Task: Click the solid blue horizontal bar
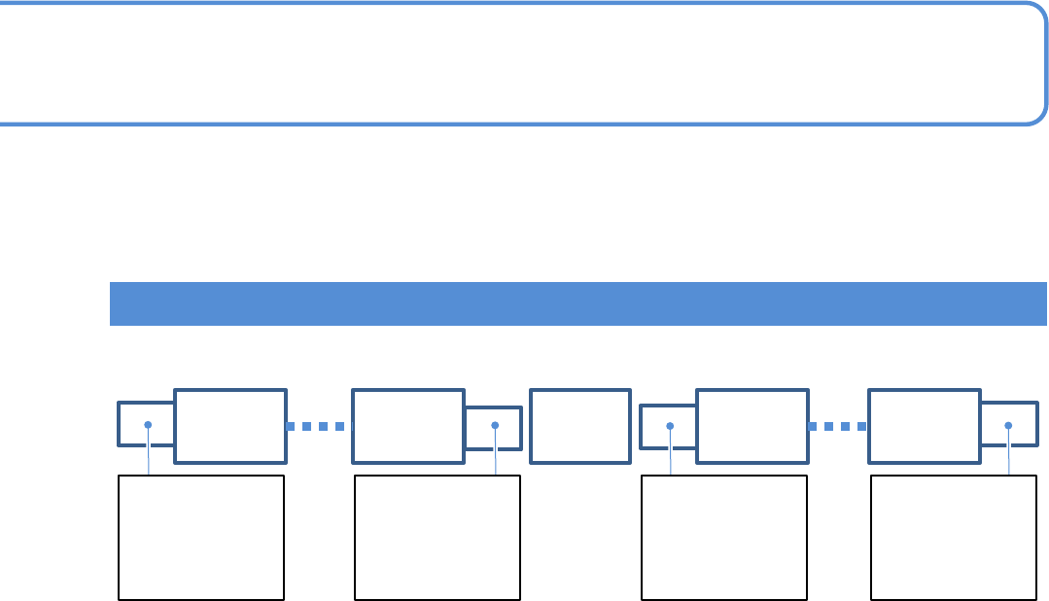coord(577,303)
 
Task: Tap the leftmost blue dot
coord(148,425)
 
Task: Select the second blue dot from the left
coord(495,425)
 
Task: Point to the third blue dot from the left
coord(670,425)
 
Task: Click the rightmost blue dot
coord(1008,425)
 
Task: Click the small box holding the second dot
coord(493,428)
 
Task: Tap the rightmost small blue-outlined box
coord(1008,425)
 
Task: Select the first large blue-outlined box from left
coord(230,426)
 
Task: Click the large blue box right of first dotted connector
coord(408,426)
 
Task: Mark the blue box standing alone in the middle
coord(580,426)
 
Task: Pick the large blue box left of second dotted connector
coord(752,426)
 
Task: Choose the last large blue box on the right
coord(925,426)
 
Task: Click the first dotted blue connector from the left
coord(317,426)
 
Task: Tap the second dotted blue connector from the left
coord(837,426)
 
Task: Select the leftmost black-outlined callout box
coord(201,537)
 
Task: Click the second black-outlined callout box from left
coord(437,537)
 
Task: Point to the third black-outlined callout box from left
coord(724,537)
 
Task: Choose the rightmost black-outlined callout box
coord(954,537)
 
